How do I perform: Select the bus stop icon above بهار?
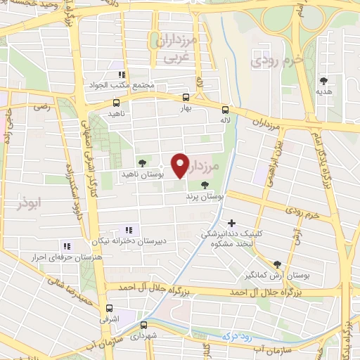point(186,98)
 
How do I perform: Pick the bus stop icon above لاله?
point(225,110)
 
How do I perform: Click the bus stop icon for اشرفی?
point(109,308)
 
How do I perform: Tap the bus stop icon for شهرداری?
point(143,326)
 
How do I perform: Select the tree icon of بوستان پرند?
point(205,186)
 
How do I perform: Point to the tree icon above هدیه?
point(323,82)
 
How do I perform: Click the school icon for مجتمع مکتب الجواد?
point(121,74)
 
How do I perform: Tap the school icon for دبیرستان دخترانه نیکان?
point(128,230)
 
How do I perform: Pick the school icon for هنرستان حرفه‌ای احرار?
point(67,246)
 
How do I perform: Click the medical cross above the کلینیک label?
point(231,223)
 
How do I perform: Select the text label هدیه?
point(323,92)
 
